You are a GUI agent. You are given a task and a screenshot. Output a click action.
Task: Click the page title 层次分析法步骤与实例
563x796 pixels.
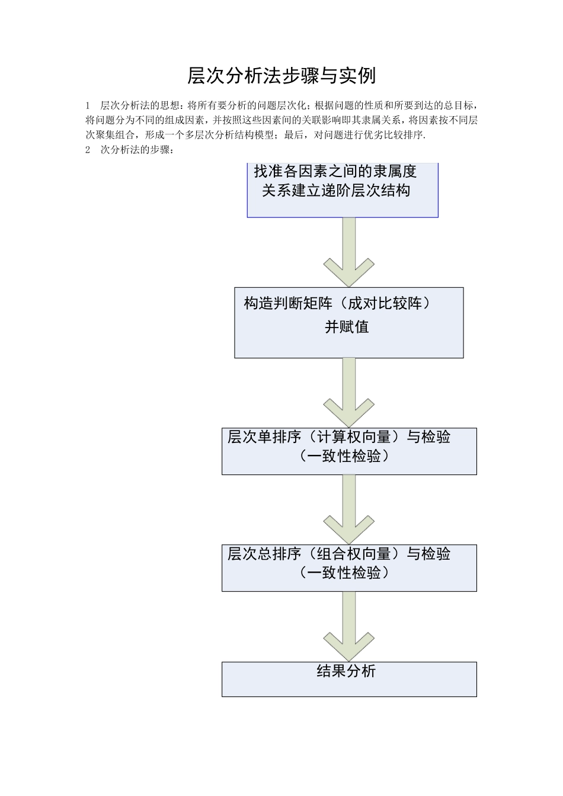pos(281,76)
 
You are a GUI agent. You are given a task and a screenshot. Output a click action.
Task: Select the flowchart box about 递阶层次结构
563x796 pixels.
pos(342,190)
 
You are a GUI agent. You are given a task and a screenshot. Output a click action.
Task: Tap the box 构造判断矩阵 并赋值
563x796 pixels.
pos(348,323)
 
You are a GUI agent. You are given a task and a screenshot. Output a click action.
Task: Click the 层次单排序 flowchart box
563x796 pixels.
pos(349,451)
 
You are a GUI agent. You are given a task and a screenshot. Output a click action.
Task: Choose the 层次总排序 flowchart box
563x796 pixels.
pos(349,567)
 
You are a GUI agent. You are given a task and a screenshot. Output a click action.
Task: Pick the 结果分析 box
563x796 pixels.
pos(349,679)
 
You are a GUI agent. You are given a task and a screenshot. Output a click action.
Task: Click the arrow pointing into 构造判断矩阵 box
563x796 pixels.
pos(349,255)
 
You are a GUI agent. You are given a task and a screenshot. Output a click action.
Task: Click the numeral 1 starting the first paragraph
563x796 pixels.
pos(88,106)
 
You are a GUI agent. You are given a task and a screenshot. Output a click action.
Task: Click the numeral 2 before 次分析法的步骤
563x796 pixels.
pos(88,150)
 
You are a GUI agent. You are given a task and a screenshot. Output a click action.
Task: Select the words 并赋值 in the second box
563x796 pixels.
pos(347,326)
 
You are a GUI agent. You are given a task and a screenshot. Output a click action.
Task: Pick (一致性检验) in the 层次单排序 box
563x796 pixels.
pos(344,456)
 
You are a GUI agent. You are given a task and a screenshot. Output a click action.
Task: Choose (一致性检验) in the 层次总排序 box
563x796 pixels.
pos(344,573)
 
